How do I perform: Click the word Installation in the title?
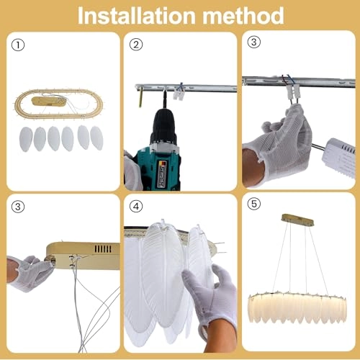tap(138, 15)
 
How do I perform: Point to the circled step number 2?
tap(137, 45)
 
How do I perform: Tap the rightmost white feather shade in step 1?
tap(97, 137)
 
